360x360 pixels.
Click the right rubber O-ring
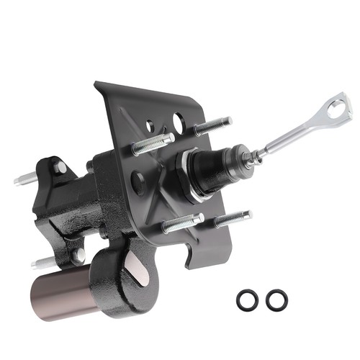pos(274,300)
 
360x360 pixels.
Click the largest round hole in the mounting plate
pos(178,120)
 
